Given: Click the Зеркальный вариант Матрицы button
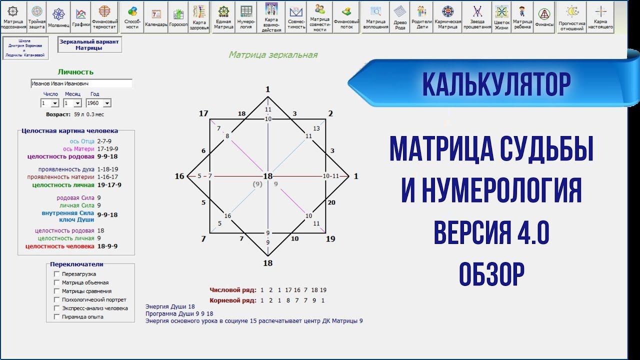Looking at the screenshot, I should pyautogui.click(x=89, y=45).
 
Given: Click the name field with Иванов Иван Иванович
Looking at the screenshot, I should pyautogui.click(x=81, y=83).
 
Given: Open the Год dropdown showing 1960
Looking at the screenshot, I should pyautogui.click(x=98, y=103).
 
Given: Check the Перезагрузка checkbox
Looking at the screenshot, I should pyautogui.click(x=57, y=274).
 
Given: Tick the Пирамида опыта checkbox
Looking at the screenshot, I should pyautogui.click(x=57, y=316).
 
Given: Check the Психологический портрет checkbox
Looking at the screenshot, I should pyautogui.click(x=57, y=299).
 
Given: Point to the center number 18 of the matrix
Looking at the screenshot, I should pyautogui.click(x=268, y=176).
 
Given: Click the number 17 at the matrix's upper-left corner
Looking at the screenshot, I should pyautogui.click(x=203, y=113).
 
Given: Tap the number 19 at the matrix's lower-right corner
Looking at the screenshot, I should pyautogui.click(x=330, y=239).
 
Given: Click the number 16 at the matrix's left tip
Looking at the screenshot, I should pyautogui.click(x=179, y=176).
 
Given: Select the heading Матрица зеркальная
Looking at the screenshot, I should pyautogui.click(x=273, y=55).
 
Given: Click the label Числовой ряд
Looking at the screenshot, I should pyautogui.click(x=233, y=290).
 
